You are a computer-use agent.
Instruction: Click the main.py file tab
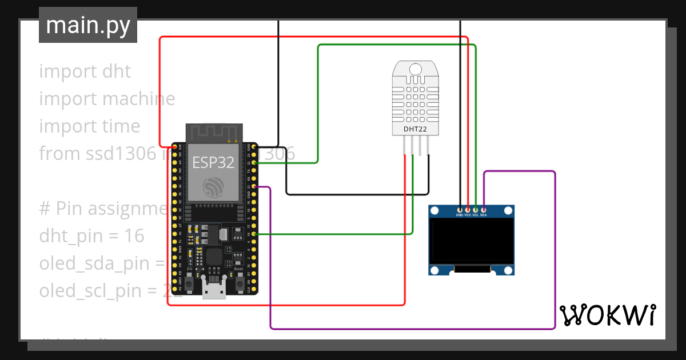tap(87, 25)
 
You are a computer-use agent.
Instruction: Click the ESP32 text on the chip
tap(213, 162)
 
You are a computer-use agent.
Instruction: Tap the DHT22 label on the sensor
tap(416, 129)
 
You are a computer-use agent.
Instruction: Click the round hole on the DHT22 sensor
tap(416, 69)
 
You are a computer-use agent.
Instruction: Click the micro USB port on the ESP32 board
tap(214, 290)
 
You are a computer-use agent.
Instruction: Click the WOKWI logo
tap(607, 315)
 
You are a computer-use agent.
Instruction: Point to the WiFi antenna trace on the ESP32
tap(213, 133)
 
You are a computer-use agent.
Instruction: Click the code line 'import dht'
tap(85, 71)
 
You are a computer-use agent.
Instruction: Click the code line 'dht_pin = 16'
tap(91, 235)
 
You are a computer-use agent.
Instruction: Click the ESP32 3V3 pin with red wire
tap(175, 147)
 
